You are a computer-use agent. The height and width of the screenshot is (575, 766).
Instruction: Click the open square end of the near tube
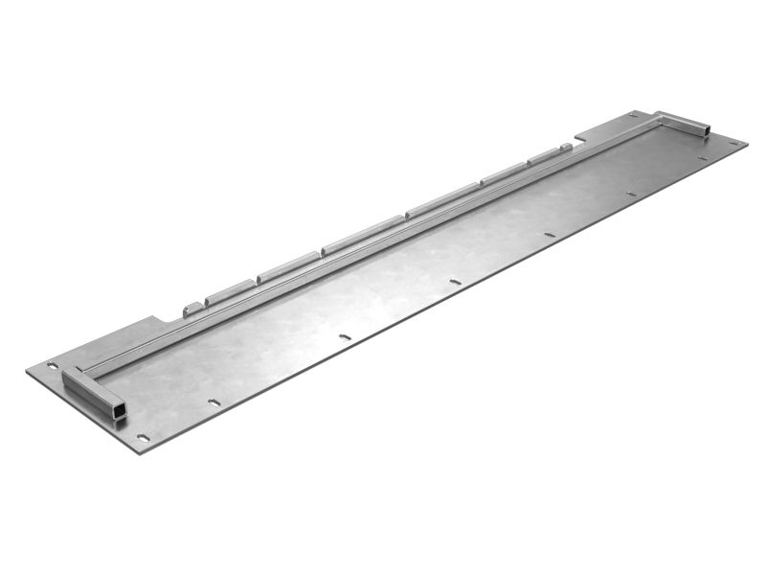point(120,411)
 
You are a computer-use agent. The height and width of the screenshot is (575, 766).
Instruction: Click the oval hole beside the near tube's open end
point(144,437)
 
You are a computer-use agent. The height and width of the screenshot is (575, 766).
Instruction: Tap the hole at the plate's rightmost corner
point(733,143)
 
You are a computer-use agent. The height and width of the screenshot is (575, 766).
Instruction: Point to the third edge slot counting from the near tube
point(454,282)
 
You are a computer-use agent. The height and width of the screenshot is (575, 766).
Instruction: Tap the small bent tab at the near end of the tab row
point(192,308)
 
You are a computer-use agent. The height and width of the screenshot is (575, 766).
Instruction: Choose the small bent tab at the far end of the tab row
point(567,148)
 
